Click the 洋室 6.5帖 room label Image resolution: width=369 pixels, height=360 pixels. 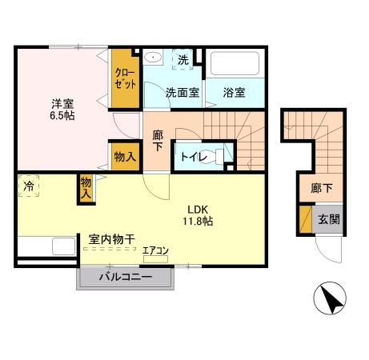pyautogui.click(x=62, y=110)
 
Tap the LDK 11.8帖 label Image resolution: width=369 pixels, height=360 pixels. pyautogui.click(x=198, y=215)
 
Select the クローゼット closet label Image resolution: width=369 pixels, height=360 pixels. pyautogui.click(x=125, y=78)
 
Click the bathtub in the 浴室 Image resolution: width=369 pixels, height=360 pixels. pyautogui.click(x=235, y=63)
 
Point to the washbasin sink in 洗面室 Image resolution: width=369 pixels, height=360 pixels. pyautogui.click(x=153, y=57)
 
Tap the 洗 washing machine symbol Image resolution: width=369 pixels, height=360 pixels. pyautogui.click(x=182, y=59)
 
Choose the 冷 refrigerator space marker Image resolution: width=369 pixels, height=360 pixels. pyautogui.click(x=29, y=186)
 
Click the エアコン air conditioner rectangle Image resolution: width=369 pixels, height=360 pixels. pyautogui.click(x=155, y=259)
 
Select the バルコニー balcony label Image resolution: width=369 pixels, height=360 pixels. pyautogui.click(x=126, y=277)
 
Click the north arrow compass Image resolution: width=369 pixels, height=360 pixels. pyautogui.click(x=330, y=298)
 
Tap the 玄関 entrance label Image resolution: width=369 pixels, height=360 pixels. pyautogui.click(x=329, y=220)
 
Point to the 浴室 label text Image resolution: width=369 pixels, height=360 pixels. pyautogui.click(x=234, y=93)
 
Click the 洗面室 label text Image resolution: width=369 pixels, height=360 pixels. pyautogui.click(x=182, y=93)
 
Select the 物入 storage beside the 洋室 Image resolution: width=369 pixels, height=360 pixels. pyautogui.click(x=125, y=157)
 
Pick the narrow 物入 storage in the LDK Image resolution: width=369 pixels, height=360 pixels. pyautogui.click(x=86, y=189)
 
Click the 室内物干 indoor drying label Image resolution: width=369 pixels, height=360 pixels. pyautogui.click(x=111, y=239)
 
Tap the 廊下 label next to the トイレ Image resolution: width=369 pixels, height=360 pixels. pyautogui.click(x=158, y=141)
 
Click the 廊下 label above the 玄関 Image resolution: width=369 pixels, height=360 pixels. pyautogui.click(x=322, y=188)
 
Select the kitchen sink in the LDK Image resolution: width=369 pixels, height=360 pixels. pyautogui.click(x=64, y=246)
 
